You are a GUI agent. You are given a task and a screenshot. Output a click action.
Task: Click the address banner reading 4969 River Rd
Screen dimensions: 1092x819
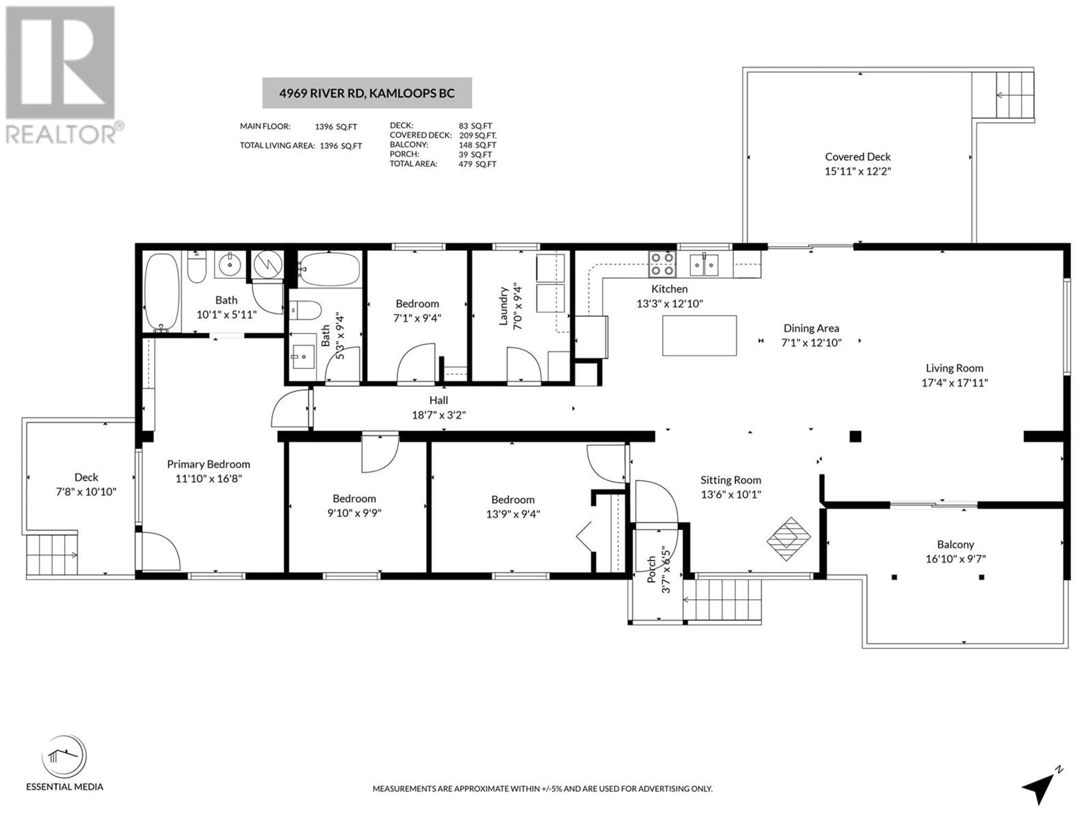click(x=367, y=93)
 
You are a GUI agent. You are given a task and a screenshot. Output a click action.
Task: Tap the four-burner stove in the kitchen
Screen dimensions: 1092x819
click(x=662, y=264)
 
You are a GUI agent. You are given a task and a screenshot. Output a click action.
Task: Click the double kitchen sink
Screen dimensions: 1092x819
click(x=704, y=265)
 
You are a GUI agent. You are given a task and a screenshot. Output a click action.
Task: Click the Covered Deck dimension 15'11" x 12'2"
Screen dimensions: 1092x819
click(x=857, y=171)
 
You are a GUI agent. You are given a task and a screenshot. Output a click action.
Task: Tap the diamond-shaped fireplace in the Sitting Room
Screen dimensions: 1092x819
click(x=788, y=539)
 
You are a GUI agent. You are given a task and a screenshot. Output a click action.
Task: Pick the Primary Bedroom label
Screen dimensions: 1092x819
click(x=208, y=464)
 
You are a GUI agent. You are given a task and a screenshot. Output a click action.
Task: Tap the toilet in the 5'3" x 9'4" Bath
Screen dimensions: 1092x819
click(x=305, y=311)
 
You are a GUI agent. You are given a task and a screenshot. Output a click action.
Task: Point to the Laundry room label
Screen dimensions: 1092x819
click(x=503, y=306)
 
